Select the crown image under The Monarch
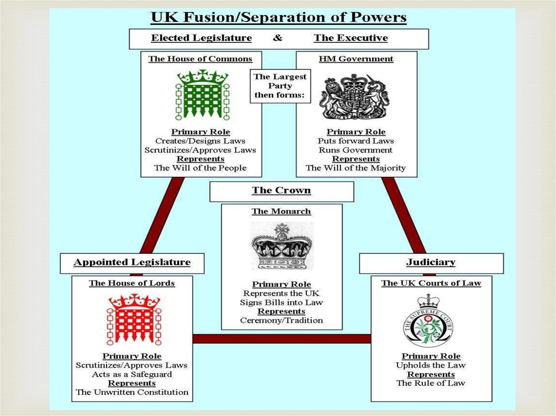pyautogui.click(x=281, y=247)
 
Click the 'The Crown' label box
pyautogui.click(x=281, y=191)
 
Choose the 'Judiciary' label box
pyautogui.click(x=431, y=263)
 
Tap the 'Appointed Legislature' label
pyautogui.click(x=132, y=263)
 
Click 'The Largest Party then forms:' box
pyautogui.click(x=280, y=86)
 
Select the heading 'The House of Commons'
pyautogui.click(x=200, y=59)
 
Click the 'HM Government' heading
pyautogui.click(x=356, y=59)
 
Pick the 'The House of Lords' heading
pyautogui.click(x=132, y=283)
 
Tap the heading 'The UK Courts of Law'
pyautogui.click(x=431, y=283)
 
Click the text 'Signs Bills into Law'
pyautogui.click(x=281, y=303)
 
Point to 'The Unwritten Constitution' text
pyautogui.click(x=132, y=392)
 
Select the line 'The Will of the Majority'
pyautogui.click(x=356, y=168)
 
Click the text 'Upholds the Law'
pyautogui.click(x=431, y=366)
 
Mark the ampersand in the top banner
pyautogui.click(x=277, y=38)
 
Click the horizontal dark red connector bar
pyautogui.click(x=281, y=338)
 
